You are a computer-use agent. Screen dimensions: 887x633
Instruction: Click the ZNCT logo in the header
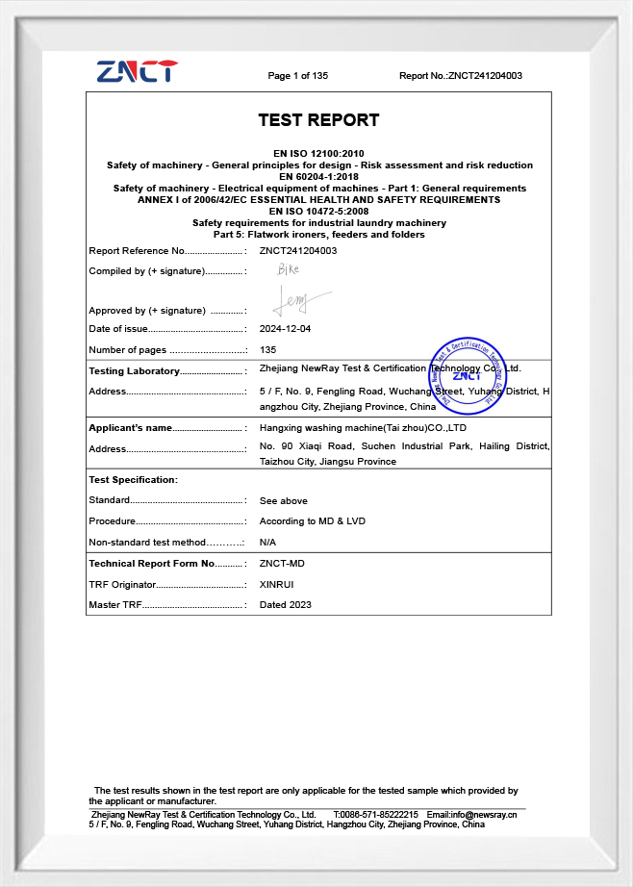click(137, 71)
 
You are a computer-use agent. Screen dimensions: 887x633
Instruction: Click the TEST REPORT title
click(318, 120)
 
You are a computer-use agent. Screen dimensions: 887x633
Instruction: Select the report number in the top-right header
click(460, 76)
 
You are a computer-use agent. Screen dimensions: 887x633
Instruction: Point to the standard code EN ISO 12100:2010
click(318, 154)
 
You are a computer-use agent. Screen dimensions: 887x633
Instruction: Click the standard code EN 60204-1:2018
click(318, 177)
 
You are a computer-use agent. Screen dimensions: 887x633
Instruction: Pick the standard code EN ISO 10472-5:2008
click(318, 212)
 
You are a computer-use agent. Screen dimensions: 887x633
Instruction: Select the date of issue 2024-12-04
click(285, 329)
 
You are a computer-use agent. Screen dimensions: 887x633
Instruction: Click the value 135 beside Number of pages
click(268, 350)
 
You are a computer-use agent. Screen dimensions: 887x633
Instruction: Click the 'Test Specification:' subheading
click(133, 480)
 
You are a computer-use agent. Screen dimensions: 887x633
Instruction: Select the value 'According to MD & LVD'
click(312, 521)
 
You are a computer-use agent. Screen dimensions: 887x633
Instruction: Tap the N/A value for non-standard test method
click(268, 543)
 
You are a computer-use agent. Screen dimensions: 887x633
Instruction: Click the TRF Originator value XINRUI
click(278, 584)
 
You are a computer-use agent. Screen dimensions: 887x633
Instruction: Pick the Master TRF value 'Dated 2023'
click(285, 605)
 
